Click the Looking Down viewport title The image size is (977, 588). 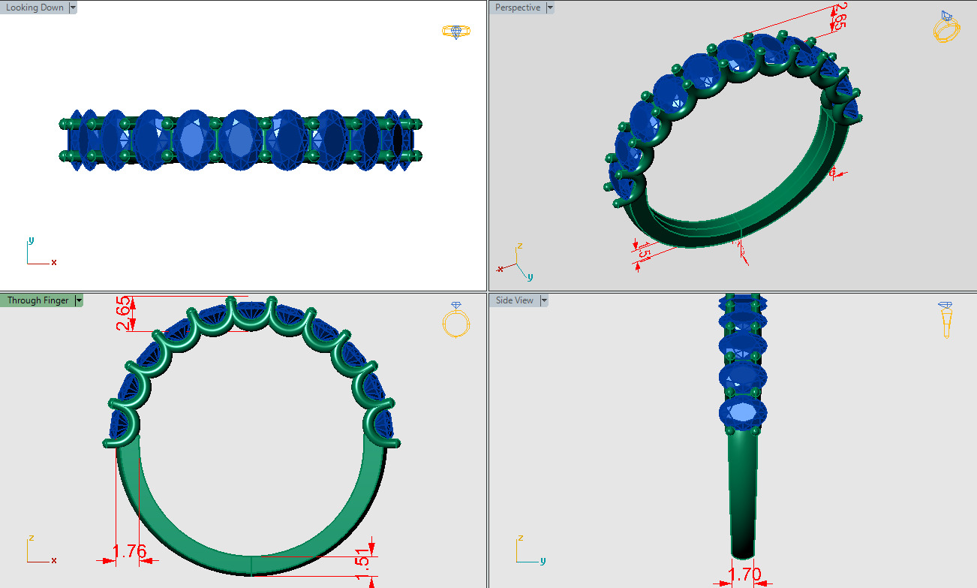(x=35, y=8)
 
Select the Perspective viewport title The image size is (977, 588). (x=518, y=8)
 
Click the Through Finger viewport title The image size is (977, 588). (x=38, y=300)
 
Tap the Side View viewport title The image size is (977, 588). (x=515, y=300)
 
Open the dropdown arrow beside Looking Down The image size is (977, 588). (x=73, y=8)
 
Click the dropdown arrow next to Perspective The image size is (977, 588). (x=550, y=8)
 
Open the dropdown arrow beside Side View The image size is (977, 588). (x=544, y=300)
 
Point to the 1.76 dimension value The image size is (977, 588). (x=129, y=552)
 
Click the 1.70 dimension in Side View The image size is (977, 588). (x=744, y=575)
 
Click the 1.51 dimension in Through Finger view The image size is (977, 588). (x=362, y=559)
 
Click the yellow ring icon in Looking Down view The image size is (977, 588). (x=455, y=32)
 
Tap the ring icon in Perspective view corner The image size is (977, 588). (x=946, y=28)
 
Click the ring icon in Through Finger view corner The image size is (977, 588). (x=455, y=320)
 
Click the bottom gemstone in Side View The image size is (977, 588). (x=743, y=412)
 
